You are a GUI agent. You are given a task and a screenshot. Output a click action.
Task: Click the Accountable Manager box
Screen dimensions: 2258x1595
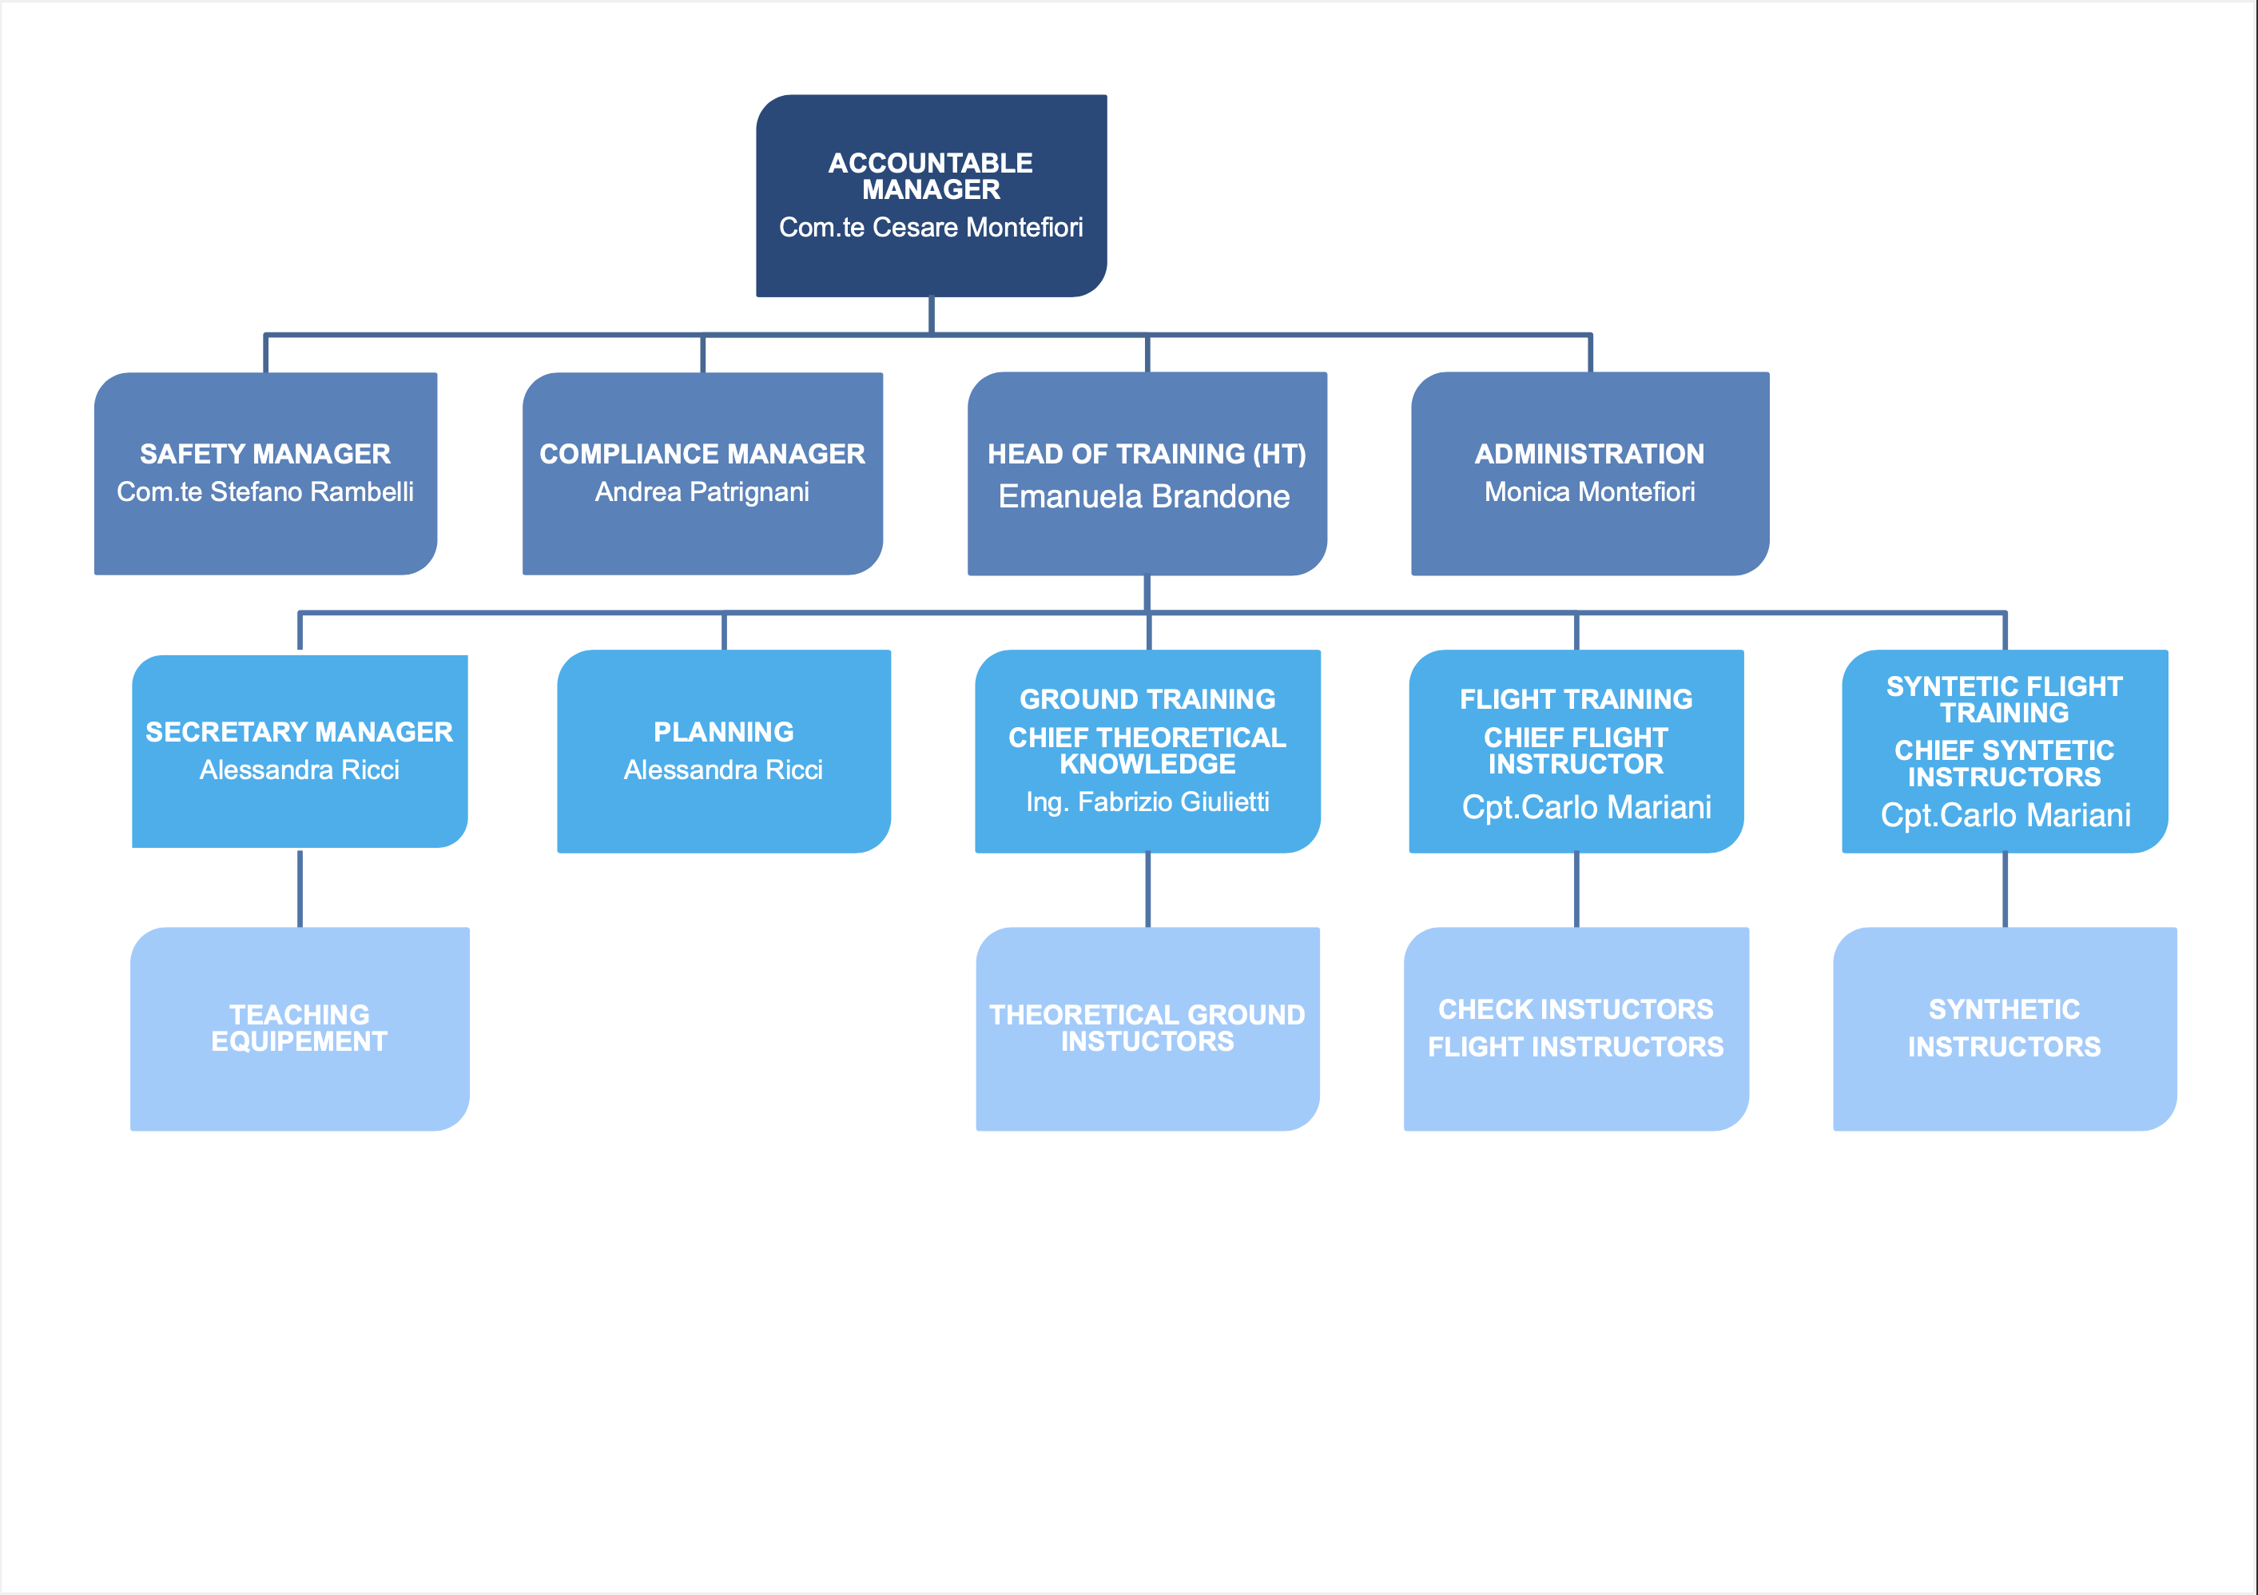(932, 196)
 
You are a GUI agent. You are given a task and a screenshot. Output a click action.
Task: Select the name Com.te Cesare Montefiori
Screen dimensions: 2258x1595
(932, 227)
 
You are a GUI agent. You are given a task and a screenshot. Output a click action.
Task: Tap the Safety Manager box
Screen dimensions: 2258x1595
(265, 473)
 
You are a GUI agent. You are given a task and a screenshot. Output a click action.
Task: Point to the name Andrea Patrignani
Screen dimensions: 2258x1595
(702, 491)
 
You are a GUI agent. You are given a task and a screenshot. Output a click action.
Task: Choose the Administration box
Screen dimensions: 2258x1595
(1590, 473)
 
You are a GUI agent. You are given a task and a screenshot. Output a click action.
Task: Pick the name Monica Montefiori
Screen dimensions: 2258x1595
(1590, 491)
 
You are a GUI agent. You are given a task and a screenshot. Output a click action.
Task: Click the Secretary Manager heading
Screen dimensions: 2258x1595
(300, 732)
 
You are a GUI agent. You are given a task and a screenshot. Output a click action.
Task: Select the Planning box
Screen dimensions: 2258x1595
(724, 751)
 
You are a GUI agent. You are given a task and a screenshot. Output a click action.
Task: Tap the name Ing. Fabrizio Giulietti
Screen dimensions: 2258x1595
(1147, 802)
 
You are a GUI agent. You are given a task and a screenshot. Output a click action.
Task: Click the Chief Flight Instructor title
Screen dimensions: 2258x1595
(1576, 750)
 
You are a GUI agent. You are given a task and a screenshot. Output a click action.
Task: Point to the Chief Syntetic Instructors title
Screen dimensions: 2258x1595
(2004, 764)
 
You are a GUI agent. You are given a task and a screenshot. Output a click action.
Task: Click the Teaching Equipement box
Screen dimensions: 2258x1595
(300, 1028)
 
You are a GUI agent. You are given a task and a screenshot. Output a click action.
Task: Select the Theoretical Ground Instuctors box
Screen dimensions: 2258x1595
(1147, 1028)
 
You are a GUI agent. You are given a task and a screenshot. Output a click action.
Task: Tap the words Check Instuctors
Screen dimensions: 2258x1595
(1576, 1010)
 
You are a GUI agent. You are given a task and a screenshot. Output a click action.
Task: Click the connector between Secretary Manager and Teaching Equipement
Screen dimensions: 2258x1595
(300, 888)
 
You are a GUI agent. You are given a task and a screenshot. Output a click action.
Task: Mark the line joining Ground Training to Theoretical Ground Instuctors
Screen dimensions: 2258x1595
(1147, 890)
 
